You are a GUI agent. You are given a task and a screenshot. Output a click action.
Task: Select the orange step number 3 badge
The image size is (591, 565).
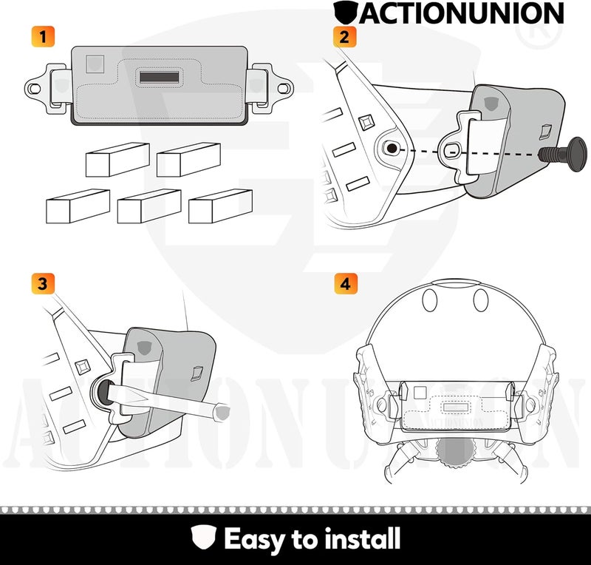43,283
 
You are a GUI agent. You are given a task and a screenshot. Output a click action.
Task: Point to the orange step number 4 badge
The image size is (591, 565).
343,283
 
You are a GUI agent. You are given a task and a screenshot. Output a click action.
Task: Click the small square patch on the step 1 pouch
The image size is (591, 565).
95,64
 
